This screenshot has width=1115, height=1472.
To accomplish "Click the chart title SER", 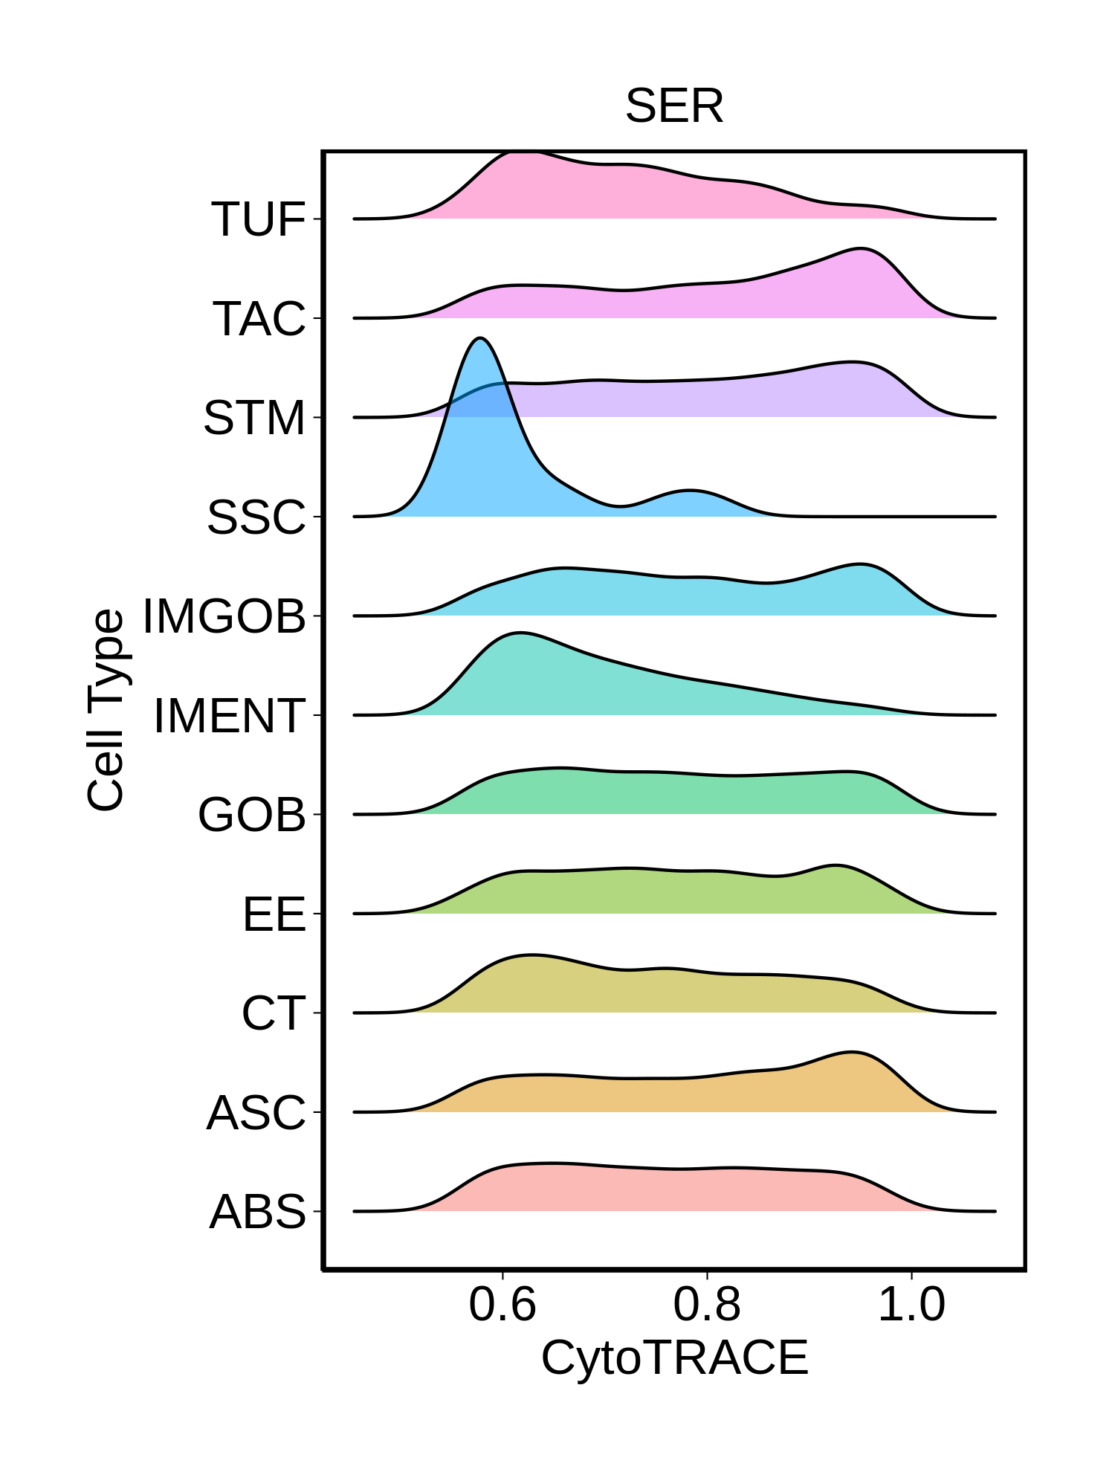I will click(x=673, y=106).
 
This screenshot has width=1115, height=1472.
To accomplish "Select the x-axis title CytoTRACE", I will click(x=674, y=1358).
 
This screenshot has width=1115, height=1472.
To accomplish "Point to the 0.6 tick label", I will click(x=502, y=1305).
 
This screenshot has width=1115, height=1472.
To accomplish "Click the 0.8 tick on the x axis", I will click(x=707, y=1305).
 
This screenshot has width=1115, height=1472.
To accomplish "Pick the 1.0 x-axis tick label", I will click(x=911, y=1305).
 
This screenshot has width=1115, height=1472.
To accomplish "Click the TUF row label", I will click(x=259, y=219).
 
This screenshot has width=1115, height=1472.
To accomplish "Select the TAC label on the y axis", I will click(x=259, y=319).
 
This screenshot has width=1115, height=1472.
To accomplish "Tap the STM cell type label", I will click(x=254, y=418).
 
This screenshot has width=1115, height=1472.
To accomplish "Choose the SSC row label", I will click(x=256, y=517).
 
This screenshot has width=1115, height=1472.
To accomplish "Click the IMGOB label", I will click(x=224, y=616).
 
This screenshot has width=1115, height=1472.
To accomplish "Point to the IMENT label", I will click(x=230, y=716).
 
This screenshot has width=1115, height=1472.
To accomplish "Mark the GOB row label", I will click(x=252, y=815).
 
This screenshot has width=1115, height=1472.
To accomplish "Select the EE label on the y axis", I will click(x=274, y=914).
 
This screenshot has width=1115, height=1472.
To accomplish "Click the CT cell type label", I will click(x=274, y=1013).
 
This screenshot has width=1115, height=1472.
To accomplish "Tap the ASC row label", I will click(x=256, y=1113).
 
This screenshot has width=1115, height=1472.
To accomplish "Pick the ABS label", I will click(x=258, y=1212).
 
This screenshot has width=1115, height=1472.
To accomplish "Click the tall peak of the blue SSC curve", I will click(x=481, y=339).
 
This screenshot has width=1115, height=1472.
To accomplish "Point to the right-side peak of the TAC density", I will click(x=861, y=249).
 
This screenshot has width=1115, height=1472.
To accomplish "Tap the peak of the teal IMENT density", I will click(x=519, y=633).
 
